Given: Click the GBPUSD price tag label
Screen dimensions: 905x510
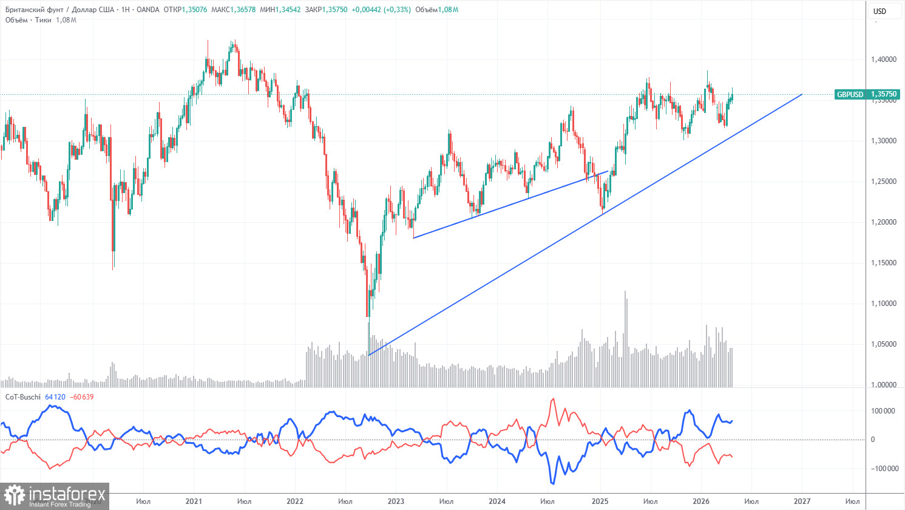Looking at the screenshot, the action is pyautogui.click(x=850, y=94).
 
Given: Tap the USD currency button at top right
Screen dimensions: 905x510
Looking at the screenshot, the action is pyautogui.click(x=880, y=12).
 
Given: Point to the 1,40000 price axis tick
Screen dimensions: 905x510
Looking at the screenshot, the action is pyautogui.click(x=883, y=59).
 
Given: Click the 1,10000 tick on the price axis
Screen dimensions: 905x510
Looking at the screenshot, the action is pyautogui.click(x=883, y=303).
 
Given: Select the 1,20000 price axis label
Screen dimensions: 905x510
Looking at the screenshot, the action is pyautogui.click(x=883, y=222).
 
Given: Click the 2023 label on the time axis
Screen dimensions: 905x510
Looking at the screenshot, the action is pyautogui.click(x=396, y=501).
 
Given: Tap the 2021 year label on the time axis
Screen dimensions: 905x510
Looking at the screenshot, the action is pyautogui.click(x=194, y=501).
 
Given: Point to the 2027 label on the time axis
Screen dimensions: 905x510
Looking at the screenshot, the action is pyautogui.click(x=802, y=501).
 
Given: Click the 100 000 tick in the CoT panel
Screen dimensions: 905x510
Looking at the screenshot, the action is pyautogui.click(x=883, y=411).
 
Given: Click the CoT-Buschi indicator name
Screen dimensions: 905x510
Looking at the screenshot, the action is pyautogui.click(x=22, y=397).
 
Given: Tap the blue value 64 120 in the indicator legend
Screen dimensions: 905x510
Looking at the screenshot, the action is pyautogui.click(x=55, y=397).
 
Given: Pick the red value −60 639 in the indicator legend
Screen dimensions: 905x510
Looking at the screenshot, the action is pyautogui.click(x=81, y=397).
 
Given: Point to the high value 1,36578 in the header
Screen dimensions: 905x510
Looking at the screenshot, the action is pyautogui.click(x=243, y=9).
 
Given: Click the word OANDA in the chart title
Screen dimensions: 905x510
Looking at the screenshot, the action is pyautogui.click(x=148, y=9).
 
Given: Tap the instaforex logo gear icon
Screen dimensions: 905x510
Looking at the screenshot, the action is pyautogui.click(x=14, y=495).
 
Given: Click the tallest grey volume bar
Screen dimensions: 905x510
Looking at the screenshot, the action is pyautogui.click(x=625, y=339).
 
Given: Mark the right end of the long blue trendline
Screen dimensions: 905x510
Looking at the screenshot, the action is pyautogui.click(x=802, y=95).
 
